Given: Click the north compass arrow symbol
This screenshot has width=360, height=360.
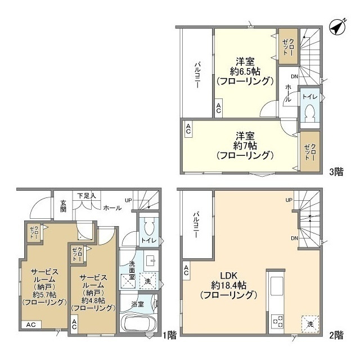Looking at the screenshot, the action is [337, 28].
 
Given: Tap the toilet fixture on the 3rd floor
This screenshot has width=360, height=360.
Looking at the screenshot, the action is [310, 113].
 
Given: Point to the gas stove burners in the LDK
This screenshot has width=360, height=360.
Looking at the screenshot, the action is [277, 321].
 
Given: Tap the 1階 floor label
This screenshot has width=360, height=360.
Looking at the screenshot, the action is [170, 335].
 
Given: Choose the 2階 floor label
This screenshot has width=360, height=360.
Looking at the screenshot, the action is [336, 335].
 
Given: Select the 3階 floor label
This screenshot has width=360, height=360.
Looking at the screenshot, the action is [336, 172].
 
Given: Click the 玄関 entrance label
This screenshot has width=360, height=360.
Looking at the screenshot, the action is [64, 206].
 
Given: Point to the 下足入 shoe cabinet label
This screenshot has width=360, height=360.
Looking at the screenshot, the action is [87, 196].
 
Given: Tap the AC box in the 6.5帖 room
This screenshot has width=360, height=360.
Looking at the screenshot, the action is [218, 109].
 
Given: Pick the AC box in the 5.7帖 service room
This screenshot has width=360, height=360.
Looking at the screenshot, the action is [31, 325].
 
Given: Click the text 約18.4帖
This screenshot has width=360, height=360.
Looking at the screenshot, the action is [229, 285].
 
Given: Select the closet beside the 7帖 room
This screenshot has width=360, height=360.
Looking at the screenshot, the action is [310, 151].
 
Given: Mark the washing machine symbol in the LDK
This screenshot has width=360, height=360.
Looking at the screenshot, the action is [310, 324].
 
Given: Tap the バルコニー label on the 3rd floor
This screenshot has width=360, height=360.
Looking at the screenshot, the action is [197, 74].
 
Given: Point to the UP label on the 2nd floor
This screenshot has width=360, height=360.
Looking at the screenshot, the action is [289, 200].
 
